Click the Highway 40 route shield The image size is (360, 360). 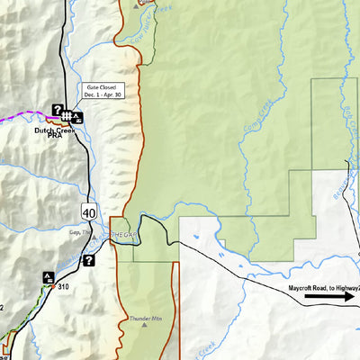pos(87,212)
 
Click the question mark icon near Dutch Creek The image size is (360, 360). pos(57,110)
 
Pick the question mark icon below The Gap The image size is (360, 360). pos(89,261)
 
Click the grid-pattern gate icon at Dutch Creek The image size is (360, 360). pos(68,115)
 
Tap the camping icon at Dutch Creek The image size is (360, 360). pos(78,116)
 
